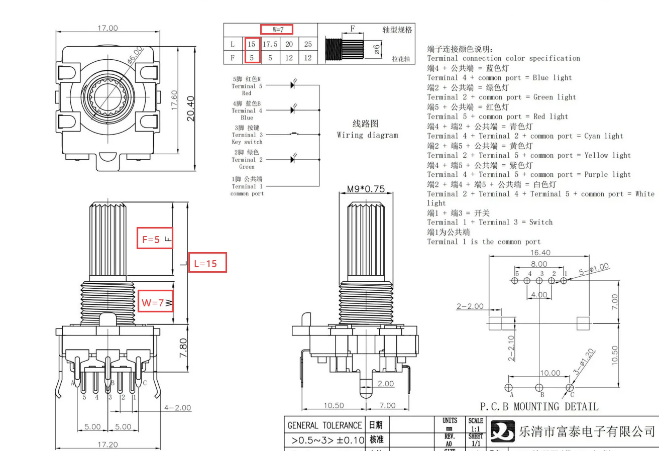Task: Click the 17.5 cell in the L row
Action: pyautogui.click(x=270, y=44)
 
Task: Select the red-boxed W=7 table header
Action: pyautogui.click(x=276, y=30)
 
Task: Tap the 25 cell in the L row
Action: pyautogui.click(x=308, y=44)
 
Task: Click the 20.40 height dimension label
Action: pyautogui.click(x=190, y=108)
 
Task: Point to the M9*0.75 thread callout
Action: pyautogui.click(x=366, y=189)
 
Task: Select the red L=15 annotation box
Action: pyautogui.click(x=207, y=263)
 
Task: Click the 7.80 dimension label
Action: pyautogui.click(x=184, y=348)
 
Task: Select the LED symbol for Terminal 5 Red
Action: pyautogui.click(x=293, y=85)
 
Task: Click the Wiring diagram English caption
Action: pyautogui.click(x=367, y=135)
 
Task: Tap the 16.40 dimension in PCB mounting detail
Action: pyautogui.click(x=539, y=253)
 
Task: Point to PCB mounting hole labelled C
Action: pyautogui.click(x=570, y=387)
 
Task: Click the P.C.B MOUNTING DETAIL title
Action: pyautogui.click(x=539, y=406)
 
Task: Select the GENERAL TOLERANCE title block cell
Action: pyautogui.click(x=324, y=425)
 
